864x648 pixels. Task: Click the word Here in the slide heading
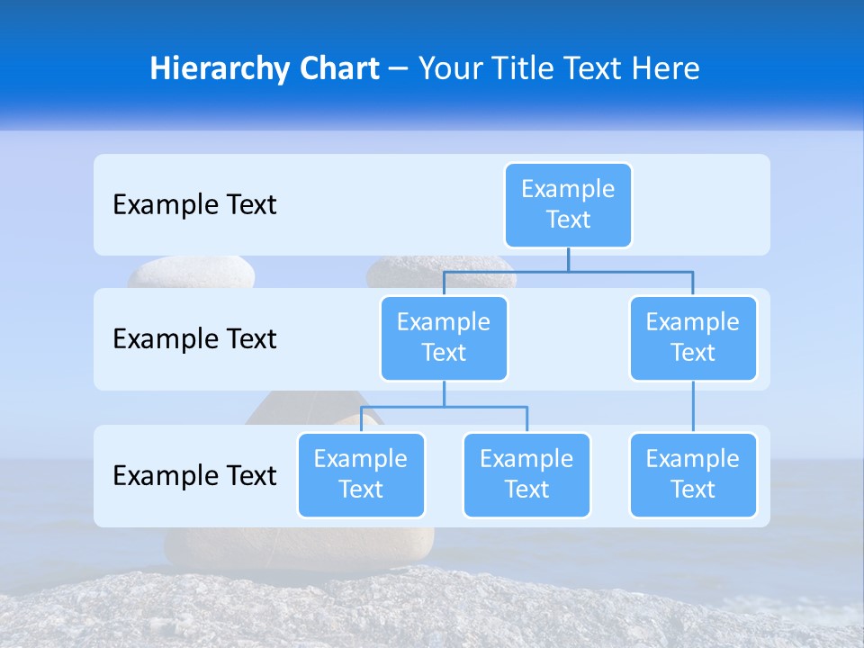[667, 68]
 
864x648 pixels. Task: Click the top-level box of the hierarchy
[568, 205]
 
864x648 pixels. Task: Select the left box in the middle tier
[444, 338]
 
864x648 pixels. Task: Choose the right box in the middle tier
[693, 338]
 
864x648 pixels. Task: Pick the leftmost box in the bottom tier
[361, 475]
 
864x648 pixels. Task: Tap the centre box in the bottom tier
[526, 475]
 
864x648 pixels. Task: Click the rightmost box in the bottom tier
[693, 475]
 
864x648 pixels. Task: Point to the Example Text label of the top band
[194, 205]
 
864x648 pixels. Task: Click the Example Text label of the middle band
[194, 339]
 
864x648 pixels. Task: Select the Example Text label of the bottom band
[194, 475]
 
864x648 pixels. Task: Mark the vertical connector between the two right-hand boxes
[693, 407]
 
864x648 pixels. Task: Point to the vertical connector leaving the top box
[568, 259]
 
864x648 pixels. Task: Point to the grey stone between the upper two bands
[191, 272]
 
